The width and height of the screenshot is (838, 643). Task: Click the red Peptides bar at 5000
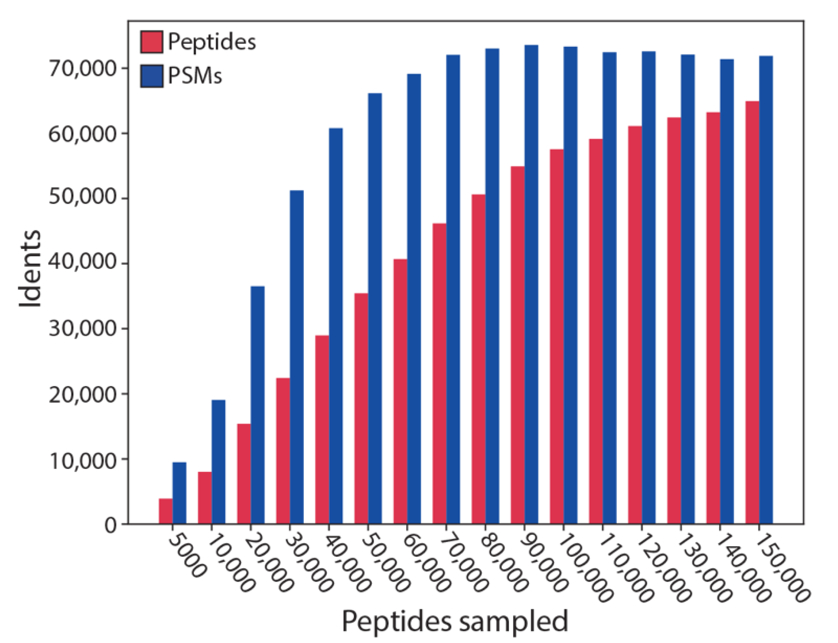click(166, 511)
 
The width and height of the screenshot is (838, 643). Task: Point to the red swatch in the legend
click(151, 41)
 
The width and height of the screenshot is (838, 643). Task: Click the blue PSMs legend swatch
click(151, 76)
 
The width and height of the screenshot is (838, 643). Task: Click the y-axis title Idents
click(30, 269)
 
